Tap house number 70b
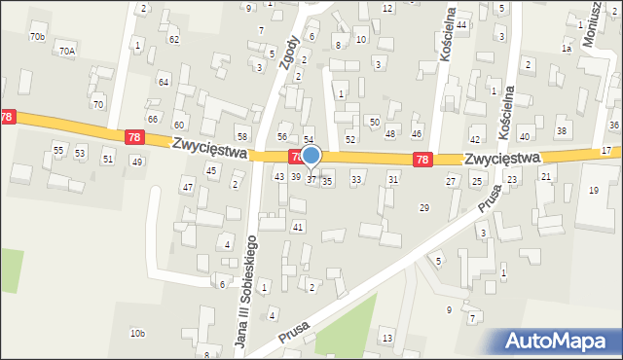point(37,37)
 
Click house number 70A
point(66,51)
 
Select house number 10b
point(137,334)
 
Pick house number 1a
point(566,48)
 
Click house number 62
point(173,40)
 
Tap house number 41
point(298,227)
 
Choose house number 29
point(423,208)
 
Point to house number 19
point(594,190)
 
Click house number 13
point(387,338)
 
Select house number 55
point(58,151)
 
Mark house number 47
point(187,186)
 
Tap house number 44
point(461,24)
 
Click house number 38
point(561,130)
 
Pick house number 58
point(242,135)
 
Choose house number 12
point(387,9)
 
